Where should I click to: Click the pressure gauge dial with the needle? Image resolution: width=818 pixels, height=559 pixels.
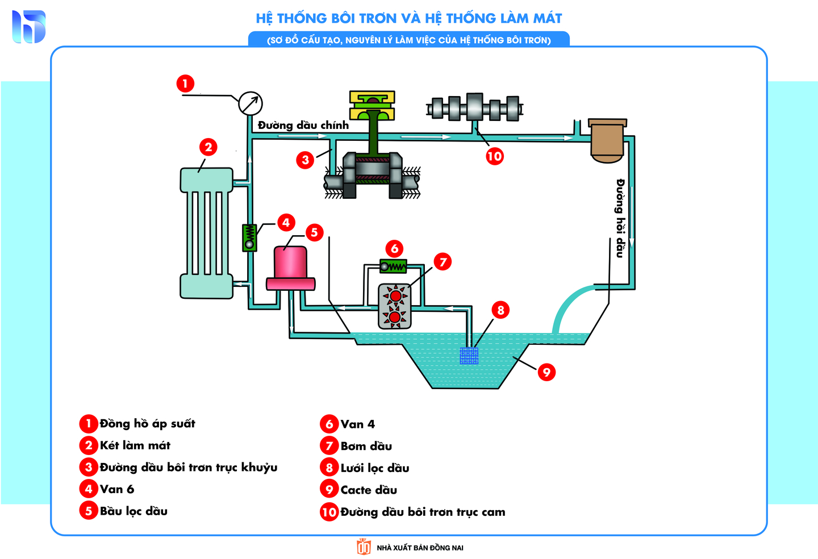coord(250,103)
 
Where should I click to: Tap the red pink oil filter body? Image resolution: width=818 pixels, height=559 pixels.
coord(290,263)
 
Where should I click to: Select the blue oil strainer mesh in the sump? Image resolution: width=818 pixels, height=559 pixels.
coord(469,356)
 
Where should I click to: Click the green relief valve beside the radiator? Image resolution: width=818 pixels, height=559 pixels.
coord(249,237)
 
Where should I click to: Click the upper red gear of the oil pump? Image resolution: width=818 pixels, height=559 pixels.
coord(395,296)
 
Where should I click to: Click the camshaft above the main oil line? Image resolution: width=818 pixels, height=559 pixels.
coord(474,107)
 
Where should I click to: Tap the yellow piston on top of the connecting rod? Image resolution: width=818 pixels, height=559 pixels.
coord(372,105)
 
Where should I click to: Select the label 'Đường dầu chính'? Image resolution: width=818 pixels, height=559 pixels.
coord(303,125)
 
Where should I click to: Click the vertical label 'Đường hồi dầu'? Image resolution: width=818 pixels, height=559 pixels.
coord(620,218)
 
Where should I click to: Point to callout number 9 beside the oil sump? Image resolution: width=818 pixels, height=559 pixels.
coord(546,372)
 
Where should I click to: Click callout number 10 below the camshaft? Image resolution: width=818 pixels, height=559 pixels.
coord(494,156)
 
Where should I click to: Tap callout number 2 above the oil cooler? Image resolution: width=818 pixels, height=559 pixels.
coord(208,147)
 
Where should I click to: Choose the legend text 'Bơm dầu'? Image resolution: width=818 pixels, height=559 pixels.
coord(366,446)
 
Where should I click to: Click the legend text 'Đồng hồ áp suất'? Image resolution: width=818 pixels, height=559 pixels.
coord(147,424)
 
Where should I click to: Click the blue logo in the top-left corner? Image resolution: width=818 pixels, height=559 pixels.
coord(28,26)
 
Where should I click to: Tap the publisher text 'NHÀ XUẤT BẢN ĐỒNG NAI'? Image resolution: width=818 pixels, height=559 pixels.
coord(420,548)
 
